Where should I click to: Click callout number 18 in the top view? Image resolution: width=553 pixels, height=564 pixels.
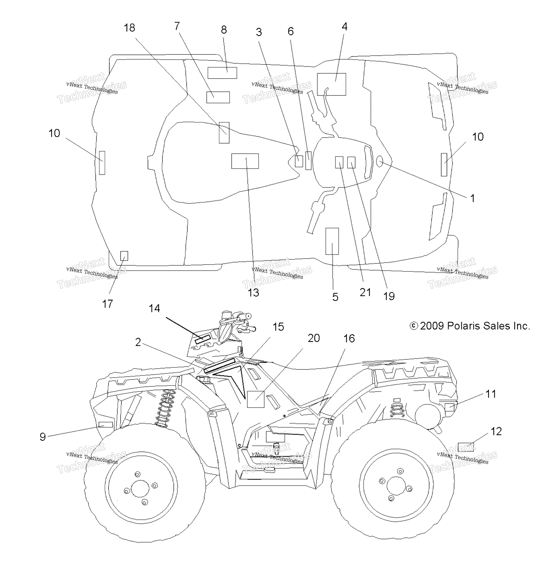coord(130,28)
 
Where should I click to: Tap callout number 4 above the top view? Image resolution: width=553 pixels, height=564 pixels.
coord(345,26)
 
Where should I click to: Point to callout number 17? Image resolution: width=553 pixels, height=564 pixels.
coord(107,304)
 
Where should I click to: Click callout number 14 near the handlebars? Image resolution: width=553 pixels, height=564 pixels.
coord(154,308)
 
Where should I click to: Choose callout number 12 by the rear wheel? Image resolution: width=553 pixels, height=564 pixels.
coord(496,431)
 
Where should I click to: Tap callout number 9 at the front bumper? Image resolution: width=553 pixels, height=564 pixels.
coord(43,437)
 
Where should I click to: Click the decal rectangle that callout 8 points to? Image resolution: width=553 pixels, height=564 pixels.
coord(222,73)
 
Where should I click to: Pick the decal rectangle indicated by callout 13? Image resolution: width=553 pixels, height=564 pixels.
coord(245,161)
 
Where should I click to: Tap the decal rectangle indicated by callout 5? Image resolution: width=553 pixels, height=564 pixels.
coord(332,241)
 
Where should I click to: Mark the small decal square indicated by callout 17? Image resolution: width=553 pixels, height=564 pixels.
coord(124,256)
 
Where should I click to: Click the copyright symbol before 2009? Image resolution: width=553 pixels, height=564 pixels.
coord(414,326)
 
